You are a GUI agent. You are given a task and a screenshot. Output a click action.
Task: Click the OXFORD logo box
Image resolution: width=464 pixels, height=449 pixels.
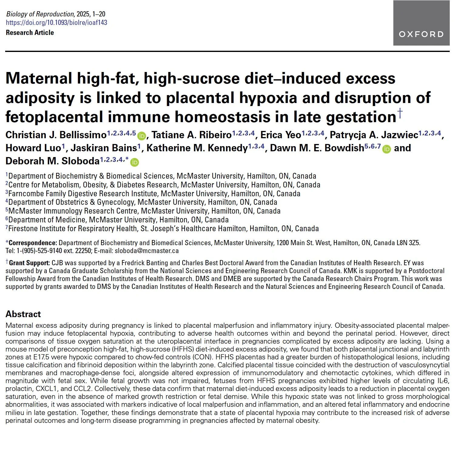point(421,23)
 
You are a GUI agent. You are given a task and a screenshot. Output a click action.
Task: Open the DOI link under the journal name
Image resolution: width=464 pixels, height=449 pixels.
point(56,23)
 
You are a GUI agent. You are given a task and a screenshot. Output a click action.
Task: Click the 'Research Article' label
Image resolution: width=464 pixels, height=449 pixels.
point(30,33)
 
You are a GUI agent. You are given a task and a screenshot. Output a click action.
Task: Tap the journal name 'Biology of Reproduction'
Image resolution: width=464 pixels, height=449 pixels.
point(40,14)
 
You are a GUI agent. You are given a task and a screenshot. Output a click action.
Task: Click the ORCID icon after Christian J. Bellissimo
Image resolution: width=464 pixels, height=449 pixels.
point(141,136)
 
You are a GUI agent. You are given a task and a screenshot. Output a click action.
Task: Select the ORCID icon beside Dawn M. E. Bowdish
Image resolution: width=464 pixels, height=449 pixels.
point(386,149)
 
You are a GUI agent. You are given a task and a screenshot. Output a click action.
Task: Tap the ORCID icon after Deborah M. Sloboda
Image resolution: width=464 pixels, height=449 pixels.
point(134,162)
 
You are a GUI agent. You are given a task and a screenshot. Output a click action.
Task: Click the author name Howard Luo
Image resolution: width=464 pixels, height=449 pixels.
point(33,148)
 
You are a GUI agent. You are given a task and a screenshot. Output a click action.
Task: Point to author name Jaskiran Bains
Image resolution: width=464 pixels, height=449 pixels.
point(103,148)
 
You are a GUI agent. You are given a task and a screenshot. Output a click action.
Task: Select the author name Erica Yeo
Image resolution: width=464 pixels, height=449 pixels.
point(281,135)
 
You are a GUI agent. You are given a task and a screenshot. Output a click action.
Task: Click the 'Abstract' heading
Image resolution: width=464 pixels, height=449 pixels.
point(23,314)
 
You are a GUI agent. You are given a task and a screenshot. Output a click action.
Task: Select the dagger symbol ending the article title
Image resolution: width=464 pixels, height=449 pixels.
point(400,113)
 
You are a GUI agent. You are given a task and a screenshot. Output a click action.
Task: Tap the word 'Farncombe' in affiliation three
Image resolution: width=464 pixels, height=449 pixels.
point(26,194)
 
